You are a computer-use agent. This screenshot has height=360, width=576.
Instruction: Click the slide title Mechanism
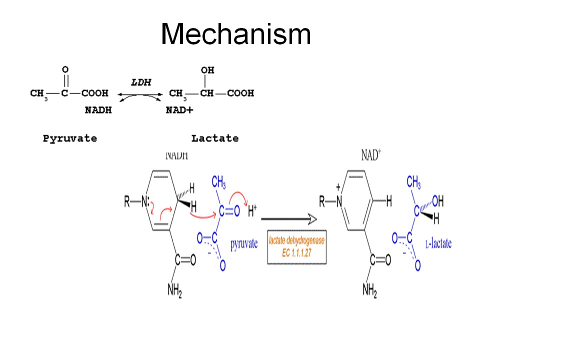click(x=236, y=34)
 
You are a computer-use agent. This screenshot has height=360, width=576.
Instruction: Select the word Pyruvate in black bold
click(x=70, y=138)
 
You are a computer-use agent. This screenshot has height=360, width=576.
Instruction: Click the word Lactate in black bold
click(x=215, y=138)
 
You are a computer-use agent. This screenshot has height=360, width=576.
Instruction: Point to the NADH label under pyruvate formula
click(x=98, y=110)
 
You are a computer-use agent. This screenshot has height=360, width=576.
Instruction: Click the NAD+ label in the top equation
click(x=178, y=110)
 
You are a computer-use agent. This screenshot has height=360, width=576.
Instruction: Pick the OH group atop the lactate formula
click(x=207, y=71)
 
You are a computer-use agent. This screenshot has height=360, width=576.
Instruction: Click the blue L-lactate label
click(x=438, y=243)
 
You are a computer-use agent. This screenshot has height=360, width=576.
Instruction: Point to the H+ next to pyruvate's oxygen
click(x=252, y=212)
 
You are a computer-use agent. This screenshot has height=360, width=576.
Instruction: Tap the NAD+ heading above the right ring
click(x=370, y=155)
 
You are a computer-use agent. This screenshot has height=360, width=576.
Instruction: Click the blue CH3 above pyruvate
click(x=219, y=184)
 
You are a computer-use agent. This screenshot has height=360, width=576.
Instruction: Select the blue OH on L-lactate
click(x=437, y=201)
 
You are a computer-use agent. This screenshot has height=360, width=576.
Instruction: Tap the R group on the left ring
click(x=127, y=202)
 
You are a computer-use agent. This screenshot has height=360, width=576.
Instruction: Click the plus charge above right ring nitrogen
click(x=338, y=187)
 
